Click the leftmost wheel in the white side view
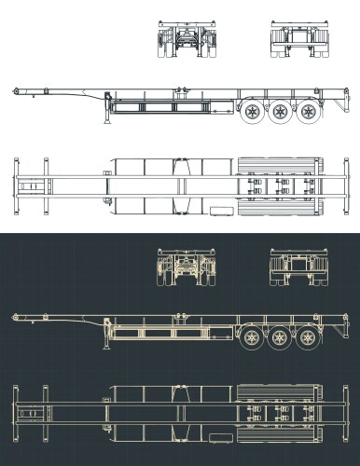[x=253, y=116]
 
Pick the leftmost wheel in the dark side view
[x=253, y=337]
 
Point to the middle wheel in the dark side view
[x=279, y=337]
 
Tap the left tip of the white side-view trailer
[x=13, y=90]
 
